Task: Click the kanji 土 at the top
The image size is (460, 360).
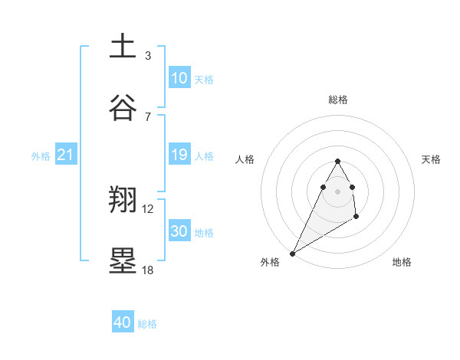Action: tap(123, 46)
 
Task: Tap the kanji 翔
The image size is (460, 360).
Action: tap(123, 201)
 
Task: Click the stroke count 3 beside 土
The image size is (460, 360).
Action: tap(148, 55)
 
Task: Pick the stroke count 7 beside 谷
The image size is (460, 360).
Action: tap(148, 116)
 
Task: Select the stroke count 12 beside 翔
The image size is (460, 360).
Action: tap(148, 209)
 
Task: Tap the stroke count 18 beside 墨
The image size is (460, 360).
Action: tap(148, 270)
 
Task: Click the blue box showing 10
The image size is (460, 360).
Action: tap(179, 78)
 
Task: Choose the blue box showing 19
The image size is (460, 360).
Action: tap(179, 155)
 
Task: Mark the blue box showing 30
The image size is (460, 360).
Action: tap(179, 231)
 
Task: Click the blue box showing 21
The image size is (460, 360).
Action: tap(66, 155)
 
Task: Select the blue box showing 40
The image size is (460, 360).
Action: tap(123, 322)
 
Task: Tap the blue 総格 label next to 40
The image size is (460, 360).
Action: tap(147, 324)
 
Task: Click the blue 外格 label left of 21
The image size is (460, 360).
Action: tap(41, 156)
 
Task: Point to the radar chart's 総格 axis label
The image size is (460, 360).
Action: tap(337, 100)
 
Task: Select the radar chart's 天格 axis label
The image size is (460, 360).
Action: tap(431, 159)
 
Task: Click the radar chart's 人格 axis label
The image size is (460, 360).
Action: tap(245, 159)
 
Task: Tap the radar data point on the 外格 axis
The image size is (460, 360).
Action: tap(292, 253)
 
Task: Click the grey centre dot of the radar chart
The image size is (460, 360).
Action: tap(337, 191)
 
